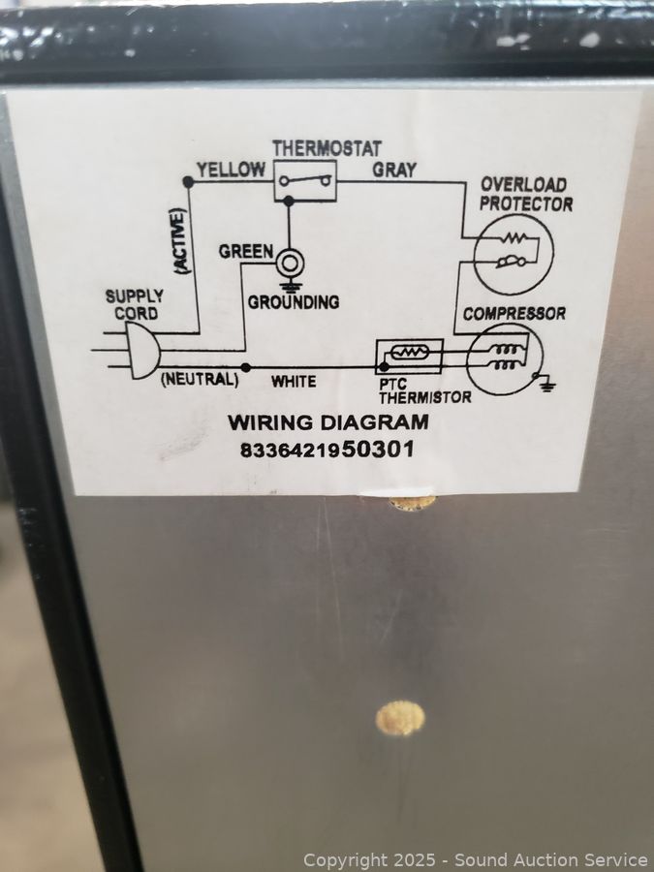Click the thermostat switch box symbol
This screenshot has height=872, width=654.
(x=304, y=181)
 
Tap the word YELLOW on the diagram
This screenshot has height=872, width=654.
(x=231, y=170)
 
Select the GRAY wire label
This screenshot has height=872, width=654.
(x=394, y=170)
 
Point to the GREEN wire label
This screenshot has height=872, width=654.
(x=245, y=251)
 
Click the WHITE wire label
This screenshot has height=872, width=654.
(x=293, y=381)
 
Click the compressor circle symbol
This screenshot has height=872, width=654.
(x=500, y=359)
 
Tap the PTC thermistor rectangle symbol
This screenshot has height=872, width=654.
(x=409, y=356)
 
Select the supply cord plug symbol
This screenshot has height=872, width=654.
(x=139, y=349)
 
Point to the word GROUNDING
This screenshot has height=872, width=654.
(x=293, y=302)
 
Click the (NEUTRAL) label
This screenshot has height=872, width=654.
(x=199, y=379)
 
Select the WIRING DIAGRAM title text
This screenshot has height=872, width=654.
(x=327, y=422)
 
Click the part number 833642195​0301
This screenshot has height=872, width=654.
(x=327, y=450)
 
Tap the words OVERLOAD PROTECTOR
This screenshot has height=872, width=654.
(x=524, y=194)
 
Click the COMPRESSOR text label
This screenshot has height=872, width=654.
(x=514, y=314)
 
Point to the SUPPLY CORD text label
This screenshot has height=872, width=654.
(x=134, y=304)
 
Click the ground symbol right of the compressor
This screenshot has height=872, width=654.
(x=547, y=385)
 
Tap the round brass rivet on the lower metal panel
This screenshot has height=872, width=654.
(x=400, y=717)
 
